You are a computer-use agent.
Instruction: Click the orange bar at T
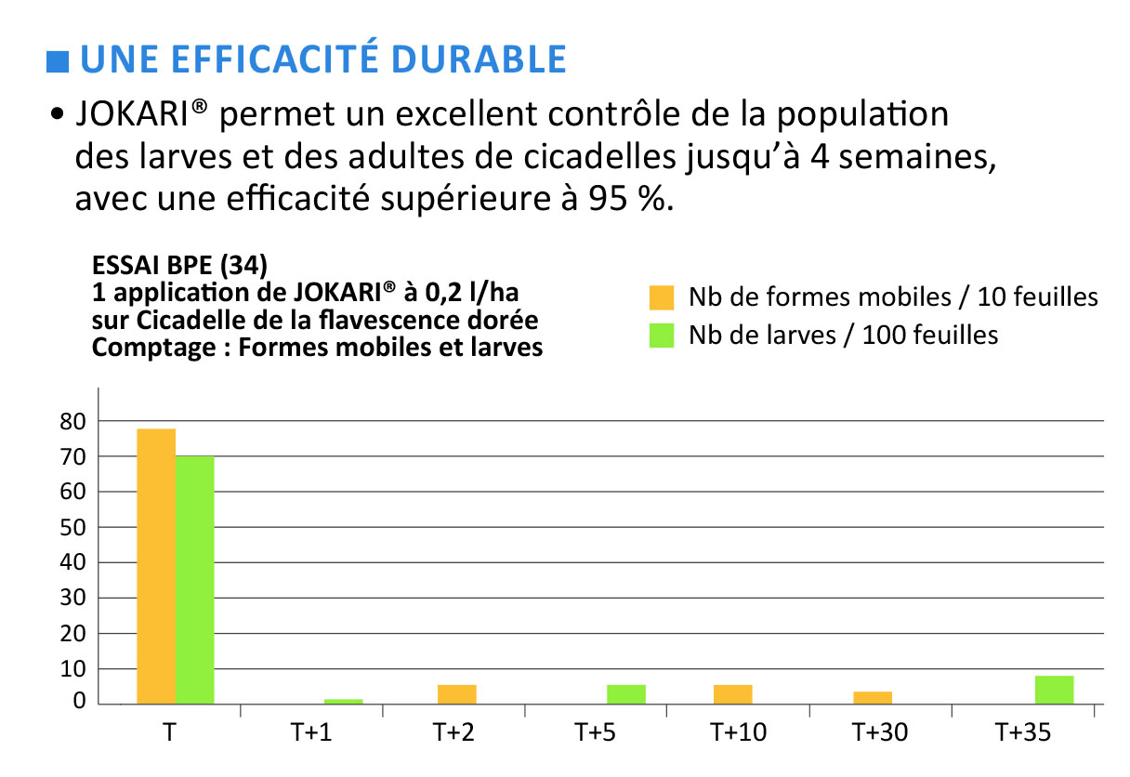(156, 566)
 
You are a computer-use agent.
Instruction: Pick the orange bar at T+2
(457, 694)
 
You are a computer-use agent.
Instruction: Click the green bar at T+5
(626, 694)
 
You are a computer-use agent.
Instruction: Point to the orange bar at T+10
(732, 694)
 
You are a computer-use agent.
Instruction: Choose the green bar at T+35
(1054, 690)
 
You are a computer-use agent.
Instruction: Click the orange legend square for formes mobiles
(661, 297)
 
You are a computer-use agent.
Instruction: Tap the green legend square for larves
(661, 335)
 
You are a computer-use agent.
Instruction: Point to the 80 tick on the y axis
(73, 422)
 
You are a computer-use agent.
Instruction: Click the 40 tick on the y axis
(73, 563)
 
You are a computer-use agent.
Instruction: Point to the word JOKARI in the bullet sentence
(136, 116)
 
